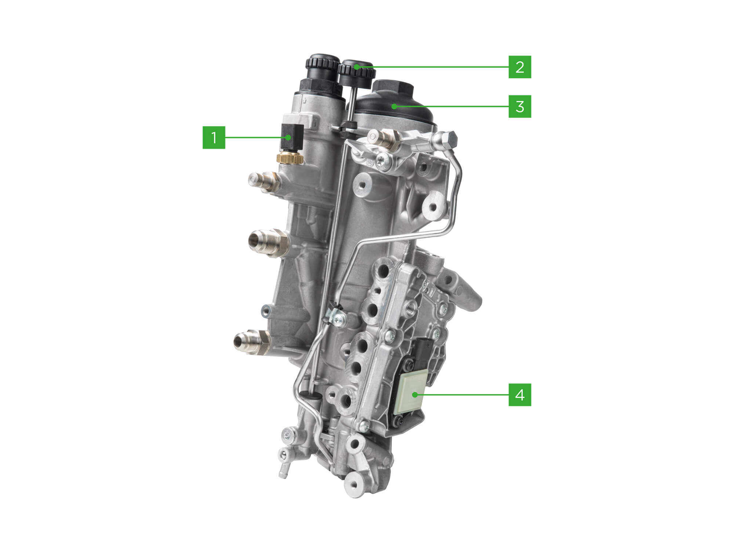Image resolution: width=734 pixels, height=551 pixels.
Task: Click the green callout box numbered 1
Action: click(214, 137)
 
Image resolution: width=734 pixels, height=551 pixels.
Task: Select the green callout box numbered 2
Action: click(520, 67)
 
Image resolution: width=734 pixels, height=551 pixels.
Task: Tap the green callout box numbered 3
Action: click(520, 107)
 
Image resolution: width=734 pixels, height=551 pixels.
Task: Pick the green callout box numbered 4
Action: click(520, 395)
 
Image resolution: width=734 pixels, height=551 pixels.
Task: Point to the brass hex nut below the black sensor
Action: click(290, 158)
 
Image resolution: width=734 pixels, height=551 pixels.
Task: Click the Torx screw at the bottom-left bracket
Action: click(286, 436)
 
